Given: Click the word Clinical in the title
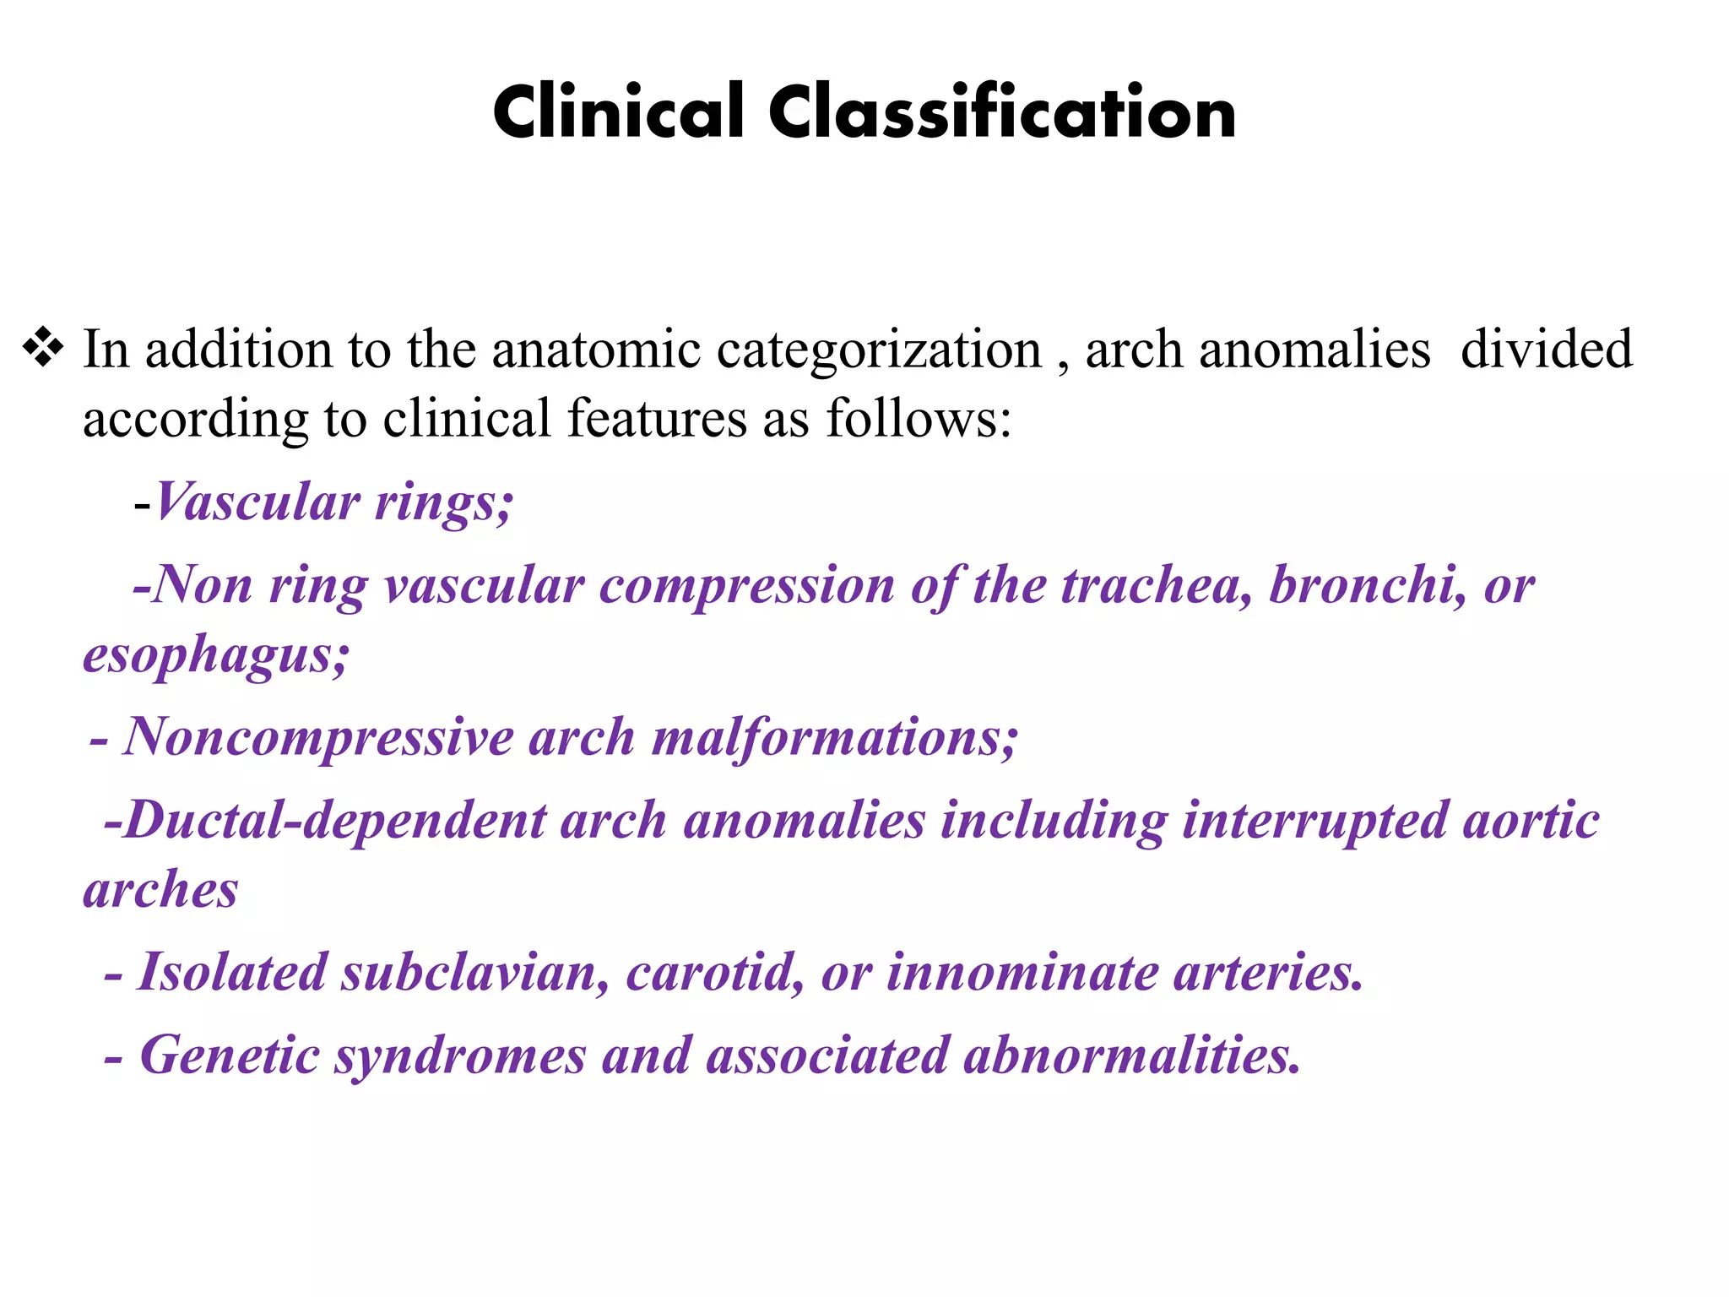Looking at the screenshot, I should (619, 112).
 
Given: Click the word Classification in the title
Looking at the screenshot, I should (1002, 112).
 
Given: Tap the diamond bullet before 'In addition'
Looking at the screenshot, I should (43, 348).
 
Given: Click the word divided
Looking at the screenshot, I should (1547, 350).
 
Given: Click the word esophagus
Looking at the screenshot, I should (216, 655).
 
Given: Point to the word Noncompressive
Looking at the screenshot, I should (318, 736).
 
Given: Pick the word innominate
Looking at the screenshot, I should (1022, 972).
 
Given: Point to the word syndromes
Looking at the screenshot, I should (460, 1056).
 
